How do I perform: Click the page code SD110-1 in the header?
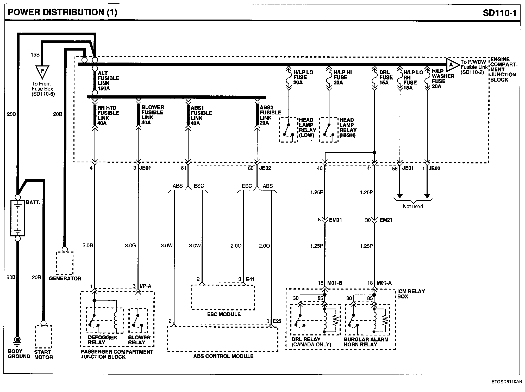(499, 13)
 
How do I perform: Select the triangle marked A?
(452, 65)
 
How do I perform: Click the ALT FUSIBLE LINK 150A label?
(108, 81)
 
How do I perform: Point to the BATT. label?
(33, 202)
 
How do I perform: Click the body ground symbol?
(18, 340)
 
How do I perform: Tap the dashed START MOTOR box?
(43, 337)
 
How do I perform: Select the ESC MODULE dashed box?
(223, 297)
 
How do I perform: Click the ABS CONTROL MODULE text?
(223, 356)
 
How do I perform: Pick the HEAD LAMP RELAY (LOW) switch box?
(288, 130)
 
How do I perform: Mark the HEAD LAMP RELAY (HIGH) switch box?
(329, 130)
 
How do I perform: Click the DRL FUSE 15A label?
(386, 77)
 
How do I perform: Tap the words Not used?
(413, 206)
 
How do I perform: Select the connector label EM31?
(335, 220)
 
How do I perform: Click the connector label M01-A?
(384, 283)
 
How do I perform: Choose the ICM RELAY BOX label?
(411, 294)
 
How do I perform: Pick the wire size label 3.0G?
(130, 246)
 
